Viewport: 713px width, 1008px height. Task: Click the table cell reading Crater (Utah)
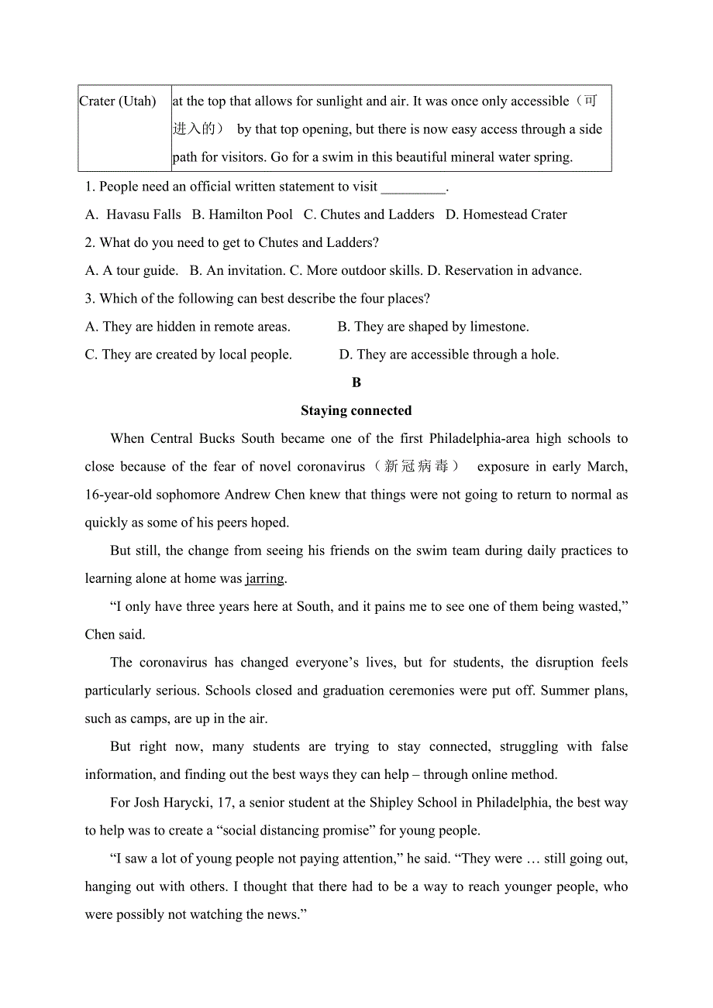[x=118, y=101]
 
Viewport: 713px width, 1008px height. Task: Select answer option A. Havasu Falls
[x=133, y=214]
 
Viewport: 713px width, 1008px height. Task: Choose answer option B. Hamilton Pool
[x=243, y=214]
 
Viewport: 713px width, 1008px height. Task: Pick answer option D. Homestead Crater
[x=506, y=214]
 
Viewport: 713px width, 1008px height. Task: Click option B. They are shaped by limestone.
[x=433, y=327]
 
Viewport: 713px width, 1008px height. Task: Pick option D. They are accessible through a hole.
[x=449, y=355]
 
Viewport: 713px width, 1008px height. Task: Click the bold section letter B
[x=356, y=382]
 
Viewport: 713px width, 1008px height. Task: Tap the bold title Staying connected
[x=356, y=410]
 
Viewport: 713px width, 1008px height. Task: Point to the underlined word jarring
[x=265, y=578]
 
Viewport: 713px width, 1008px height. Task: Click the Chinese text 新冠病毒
[x=416, y=466]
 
